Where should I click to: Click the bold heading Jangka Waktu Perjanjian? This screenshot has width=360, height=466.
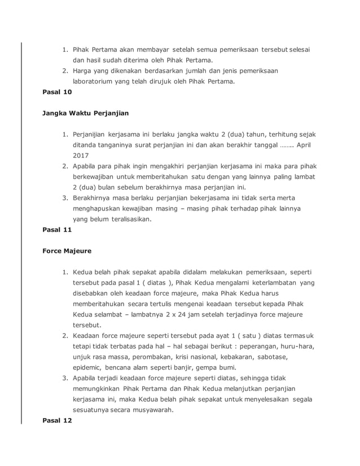[x=86, y=113]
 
